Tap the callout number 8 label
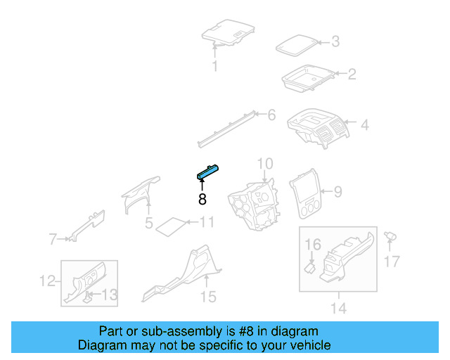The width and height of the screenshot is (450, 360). (202, 199)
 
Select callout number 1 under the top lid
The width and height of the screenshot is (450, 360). (215, 67)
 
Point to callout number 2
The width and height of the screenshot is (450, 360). (352, 73)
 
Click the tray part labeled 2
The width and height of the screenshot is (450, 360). (308, 78)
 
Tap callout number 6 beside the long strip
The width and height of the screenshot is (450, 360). (271, 115)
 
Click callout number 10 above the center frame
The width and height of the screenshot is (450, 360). (264, 165)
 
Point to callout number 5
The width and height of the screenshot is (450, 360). (149, 224)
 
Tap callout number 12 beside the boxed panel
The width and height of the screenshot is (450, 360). (46, 281)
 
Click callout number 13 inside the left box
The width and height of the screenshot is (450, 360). (110, 295)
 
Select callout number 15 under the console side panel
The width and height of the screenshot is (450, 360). (207, 297)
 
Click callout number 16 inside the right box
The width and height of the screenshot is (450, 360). (312, 244)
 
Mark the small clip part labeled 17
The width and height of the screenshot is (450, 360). (390, 237)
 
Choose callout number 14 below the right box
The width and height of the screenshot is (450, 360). (338, 308)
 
